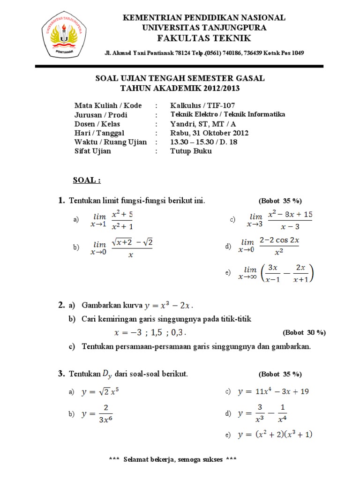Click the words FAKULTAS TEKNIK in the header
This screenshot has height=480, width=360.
coord(204,38)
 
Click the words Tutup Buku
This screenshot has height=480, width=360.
coord(191,151)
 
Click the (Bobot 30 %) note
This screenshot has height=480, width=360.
coord(304,332)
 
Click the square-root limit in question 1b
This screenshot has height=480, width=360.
coord(122,247)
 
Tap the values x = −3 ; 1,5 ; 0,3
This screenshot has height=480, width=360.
coord(150,333)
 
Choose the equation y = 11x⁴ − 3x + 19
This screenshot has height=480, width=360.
coord(273,391)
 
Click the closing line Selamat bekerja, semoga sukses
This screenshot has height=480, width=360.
coord(172,459)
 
